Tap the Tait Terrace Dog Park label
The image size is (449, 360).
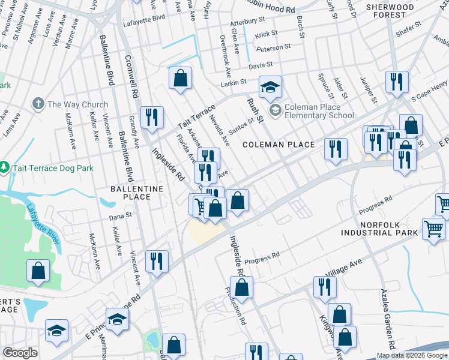(53, 168)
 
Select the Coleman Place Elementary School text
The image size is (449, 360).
(319, 111)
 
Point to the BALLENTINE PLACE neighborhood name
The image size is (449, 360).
(129, 193)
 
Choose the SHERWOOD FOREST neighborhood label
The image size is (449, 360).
(390, 11)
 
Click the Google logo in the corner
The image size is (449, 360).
(20, 353)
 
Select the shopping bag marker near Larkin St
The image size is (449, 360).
(180, 79)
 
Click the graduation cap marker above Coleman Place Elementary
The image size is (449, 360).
(270, 87)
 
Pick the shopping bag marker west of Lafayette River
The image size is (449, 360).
(38, 271)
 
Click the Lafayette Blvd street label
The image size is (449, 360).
(143, 19)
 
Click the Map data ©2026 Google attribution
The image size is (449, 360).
(412, 355)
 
